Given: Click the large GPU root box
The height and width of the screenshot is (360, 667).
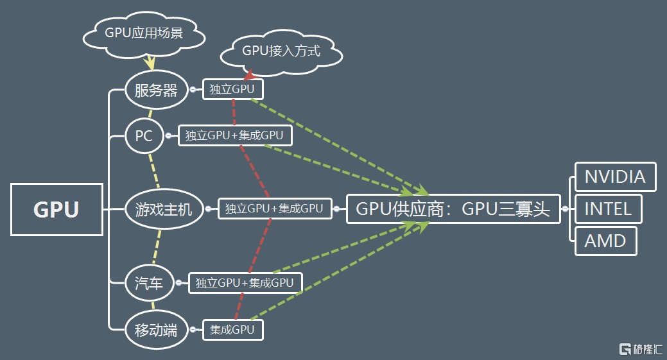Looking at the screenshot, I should click(x=56, y=209).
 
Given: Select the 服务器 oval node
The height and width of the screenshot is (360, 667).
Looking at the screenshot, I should click(x=156, y=90).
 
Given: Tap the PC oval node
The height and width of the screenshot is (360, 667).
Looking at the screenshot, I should click(x=144, y=136).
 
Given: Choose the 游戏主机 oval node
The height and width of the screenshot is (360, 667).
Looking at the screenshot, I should click(x=163, y=209).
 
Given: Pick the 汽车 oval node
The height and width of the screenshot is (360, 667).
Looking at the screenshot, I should click(x=149, y=283).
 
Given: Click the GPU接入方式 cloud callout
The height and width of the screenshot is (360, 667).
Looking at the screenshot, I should click(x=281, y=52).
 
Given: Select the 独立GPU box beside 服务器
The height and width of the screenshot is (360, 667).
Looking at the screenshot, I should click(x=232, y=90).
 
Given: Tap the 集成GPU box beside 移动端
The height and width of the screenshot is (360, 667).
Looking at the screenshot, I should click(x=232, y=330).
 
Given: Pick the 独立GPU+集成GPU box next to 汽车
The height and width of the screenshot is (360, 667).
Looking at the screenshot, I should click(x=245, y=283).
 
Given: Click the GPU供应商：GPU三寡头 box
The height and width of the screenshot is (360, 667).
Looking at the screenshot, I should click(x=453, y=209).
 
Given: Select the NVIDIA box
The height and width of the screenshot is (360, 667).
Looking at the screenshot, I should click(x=615, y=176).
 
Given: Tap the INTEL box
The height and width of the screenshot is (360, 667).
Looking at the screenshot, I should click(x=608, y=208).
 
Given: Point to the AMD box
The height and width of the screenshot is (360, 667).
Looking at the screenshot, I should click(x=605, y=241).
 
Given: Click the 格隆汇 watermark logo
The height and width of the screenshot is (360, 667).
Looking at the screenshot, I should click(x=640, y=349).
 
